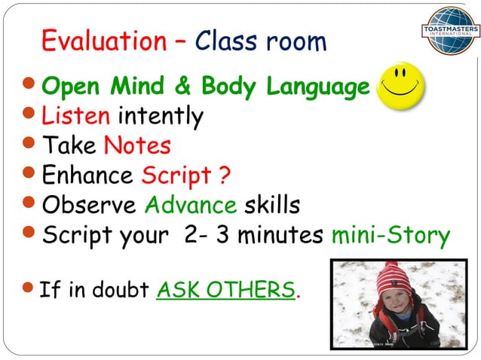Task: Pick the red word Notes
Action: coord(137,145)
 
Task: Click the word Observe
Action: coord(90,204)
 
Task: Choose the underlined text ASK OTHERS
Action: coord(225,290)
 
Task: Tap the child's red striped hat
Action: coord(393,276)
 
